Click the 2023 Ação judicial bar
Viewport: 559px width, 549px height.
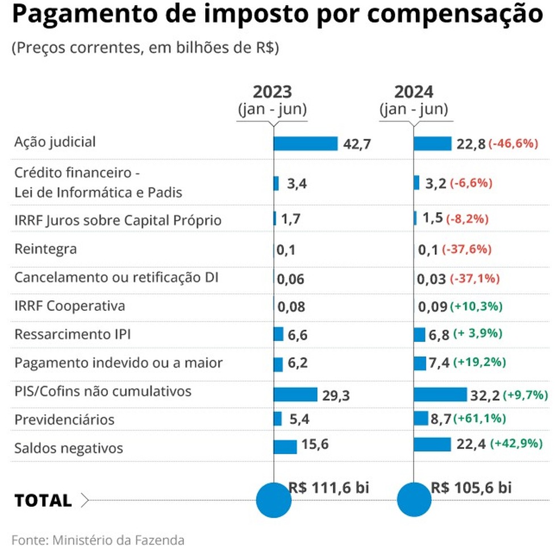point(306,143)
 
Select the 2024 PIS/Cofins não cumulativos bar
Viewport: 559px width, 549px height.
point(440,394)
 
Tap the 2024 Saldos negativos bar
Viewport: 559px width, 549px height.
point(432,444)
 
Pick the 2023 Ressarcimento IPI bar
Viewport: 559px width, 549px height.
point(278,334)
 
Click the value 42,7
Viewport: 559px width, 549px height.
point(357,144)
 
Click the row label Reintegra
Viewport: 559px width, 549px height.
point(45,249)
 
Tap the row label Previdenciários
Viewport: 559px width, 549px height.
point(64,420)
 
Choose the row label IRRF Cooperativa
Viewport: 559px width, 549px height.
point(69,306)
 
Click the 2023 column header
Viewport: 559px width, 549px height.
point(272,92)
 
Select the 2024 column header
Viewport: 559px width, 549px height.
point(414,92)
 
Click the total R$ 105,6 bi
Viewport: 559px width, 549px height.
point(471,487)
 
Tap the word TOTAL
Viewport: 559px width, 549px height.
point(43,501)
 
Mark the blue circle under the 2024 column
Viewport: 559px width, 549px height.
point(414,500)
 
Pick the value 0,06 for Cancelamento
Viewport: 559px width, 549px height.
point(291,279)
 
